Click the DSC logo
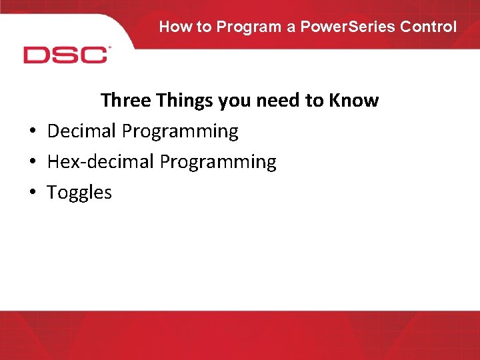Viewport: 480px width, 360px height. coord(66,55)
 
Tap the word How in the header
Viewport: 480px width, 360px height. coord(175,27)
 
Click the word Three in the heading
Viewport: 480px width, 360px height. coord(126,101)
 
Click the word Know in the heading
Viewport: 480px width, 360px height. coord(353,101)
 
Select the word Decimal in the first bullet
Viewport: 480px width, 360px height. coord(82,131)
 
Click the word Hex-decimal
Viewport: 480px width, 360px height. coord(101,162)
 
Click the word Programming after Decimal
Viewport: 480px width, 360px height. coord(180,132)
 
